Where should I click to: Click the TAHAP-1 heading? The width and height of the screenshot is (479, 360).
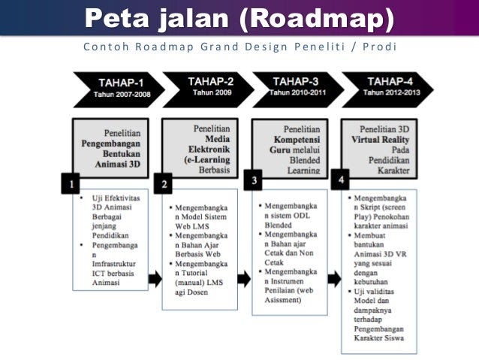[116, 83]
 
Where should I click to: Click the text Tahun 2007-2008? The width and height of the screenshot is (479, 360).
[116, 95]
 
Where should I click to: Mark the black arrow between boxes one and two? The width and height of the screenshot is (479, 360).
[154, 279]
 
